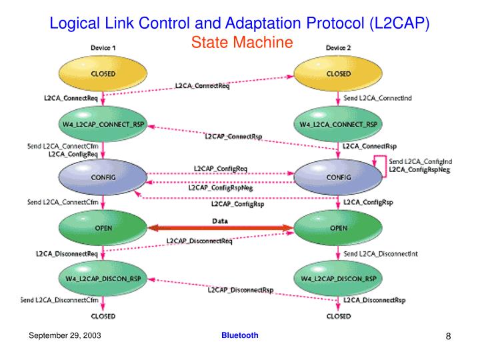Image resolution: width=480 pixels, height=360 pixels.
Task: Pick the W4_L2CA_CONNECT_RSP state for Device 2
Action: pyautogui.click(x=339, y=125)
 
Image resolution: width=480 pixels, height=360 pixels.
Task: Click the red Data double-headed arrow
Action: pyautogui.click(x=220, y=228)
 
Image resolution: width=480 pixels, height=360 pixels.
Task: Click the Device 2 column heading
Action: pyautogui.click(x=339, y=47)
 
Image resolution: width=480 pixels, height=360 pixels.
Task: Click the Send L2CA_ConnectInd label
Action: pyautogui.click(x=377, y=99)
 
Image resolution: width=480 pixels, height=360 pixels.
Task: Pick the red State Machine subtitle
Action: pyautogui.click(x=242, y=43)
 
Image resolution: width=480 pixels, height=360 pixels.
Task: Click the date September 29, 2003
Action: pyautogui.click(x=64, y=335)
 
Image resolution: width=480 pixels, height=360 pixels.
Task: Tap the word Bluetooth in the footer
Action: pyautogui.click(x=240, y=335)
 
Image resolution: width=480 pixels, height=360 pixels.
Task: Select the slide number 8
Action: pyautogui.click(x=449, y=336)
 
